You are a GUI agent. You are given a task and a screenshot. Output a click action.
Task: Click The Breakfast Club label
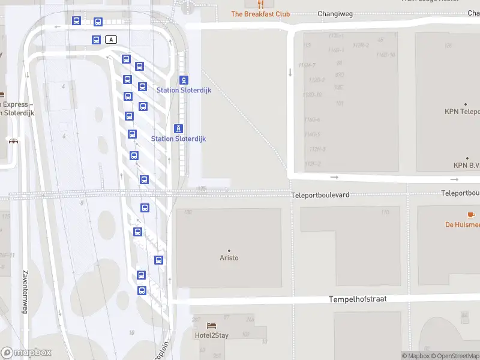[260, 14]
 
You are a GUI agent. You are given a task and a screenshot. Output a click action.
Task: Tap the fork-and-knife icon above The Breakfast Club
[260, 4]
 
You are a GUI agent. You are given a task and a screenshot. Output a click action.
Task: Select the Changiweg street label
[334, 14]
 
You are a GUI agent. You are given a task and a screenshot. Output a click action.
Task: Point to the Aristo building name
[229, 258]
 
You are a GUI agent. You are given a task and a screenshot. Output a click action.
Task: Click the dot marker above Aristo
[229, 250]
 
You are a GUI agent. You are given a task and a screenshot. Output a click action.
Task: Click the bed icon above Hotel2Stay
[211, 326]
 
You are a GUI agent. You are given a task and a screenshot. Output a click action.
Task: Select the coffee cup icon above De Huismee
[471, 215]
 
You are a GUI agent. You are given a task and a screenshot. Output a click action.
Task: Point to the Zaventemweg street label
[25, 291]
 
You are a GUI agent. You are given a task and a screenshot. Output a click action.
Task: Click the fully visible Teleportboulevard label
[320, 195]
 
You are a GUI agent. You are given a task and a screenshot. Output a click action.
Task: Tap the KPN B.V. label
[466, 166]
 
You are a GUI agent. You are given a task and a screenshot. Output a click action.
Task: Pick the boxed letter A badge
[110, 40]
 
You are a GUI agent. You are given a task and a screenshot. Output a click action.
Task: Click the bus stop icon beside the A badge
[96, 40]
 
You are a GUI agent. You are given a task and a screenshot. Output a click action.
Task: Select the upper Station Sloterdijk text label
[184, 90]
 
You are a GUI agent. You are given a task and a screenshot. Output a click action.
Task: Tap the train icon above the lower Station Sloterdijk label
[178, 128]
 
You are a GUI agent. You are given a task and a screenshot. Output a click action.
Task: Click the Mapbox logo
[26, 353]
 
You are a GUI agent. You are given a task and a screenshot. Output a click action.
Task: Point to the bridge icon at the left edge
[13, 140]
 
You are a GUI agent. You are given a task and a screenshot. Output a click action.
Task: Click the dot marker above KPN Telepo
[466, 104]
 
